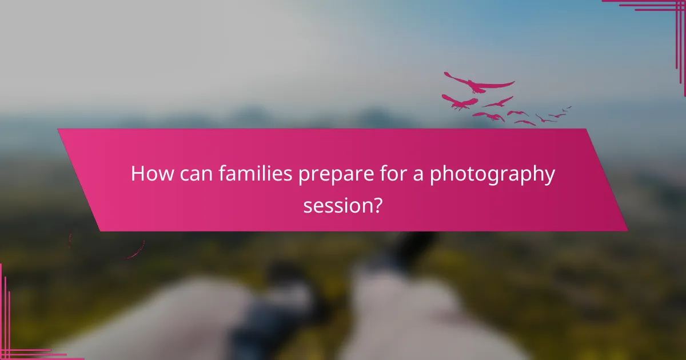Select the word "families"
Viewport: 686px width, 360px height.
[x=254, y=174]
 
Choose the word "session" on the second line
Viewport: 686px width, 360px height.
[x=337, y=204]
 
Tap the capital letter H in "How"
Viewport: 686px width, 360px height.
[x=138, y=174]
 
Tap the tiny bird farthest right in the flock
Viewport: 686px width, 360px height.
[x=567, y=107]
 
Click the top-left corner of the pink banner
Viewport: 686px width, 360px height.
[x=59, y=130]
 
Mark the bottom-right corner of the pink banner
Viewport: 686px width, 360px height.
[x=627, y=230]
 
